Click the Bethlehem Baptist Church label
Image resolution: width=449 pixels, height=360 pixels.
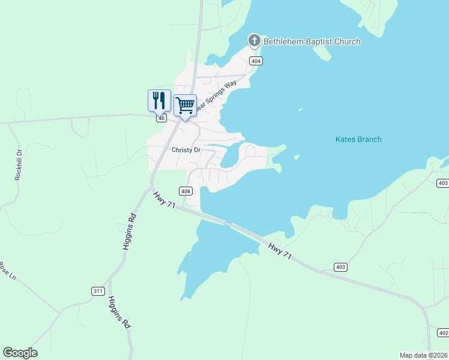(x=312, y=41)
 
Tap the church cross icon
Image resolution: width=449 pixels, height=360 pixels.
(x=254, y=41)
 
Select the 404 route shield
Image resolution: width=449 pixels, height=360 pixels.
(x=256, y=61)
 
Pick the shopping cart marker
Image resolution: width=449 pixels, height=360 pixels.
(x=185, y=106)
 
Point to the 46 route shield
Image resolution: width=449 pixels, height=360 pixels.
(x=161, y=119)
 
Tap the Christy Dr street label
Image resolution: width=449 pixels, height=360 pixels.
(x=185, y=150)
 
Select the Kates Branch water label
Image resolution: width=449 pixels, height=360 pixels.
(x=358, y=140)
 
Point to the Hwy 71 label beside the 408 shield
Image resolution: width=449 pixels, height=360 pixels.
(x=163, y=200)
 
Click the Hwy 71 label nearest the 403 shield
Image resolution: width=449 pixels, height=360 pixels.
(x=280, y=251)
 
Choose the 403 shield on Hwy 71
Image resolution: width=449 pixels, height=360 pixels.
(x=340, y=266)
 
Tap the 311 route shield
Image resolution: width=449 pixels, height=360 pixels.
(x=97, y=291)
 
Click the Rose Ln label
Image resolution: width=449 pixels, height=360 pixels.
(x=6, y=271)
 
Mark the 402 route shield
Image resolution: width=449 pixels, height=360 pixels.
(x=443, y=333)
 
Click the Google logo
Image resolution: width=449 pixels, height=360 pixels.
(x=20, y=353)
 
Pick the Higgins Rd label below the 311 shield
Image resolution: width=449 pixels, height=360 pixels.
(x=119, y=312)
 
